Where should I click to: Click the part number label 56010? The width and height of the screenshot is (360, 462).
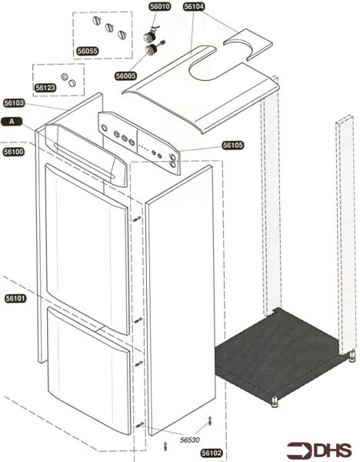click(160, 7)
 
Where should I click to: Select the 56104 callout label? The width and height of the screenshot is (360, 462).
click(194, 7)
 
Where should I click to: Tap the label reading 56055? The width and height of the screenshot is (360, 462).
click(88, 51)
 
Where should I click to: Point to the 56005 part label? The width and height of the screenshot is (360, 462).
click(125, 76)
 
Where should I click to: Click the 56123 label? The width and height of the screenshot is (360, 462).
click(45, 88)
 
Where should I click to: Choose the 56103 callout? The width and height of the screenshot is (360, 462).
click(14, 103)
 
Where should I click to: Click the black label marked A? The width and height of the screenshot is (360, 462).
click(12, 122)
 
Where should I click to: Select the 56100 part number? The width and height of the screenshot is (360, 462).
click(14, 152)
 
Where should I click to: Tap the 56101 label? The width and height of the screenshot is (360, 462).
click(15, 299)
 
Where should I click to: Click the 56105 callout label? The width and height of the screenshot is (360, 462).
click(233, 146)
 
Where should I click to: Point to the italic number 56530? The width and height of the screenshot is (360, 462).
click(189, 440)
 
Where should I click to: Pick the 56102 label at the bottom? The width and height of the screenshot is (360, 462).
click(212, 453)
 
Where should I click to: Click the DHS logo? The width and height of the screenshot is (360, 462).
click(319, 450)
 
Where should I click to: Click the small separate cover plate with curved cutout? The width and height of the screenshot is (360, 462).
click(248, 44)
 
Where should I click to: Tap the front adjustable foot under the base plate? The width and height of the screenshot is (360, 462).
click(275, 401)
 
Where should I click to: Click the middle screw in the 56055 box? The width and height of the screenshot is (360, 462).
click(109, 28)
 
